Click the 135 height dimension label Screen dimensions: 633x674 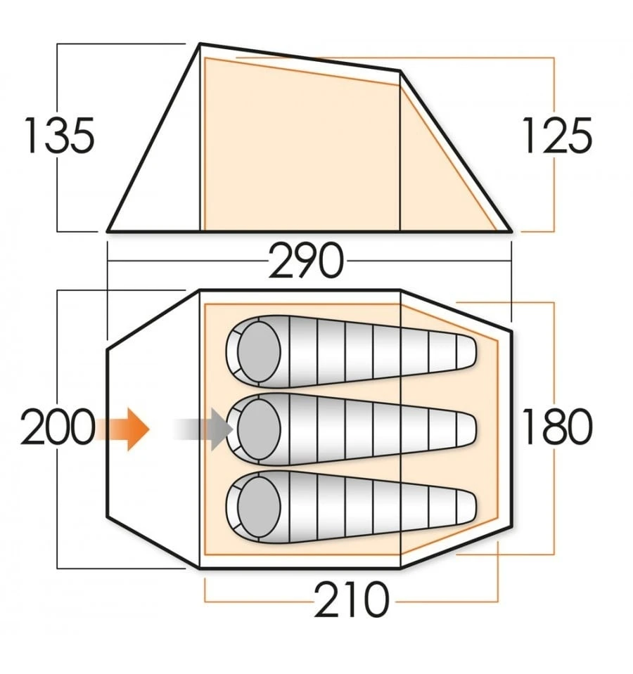click(x=59, y=136)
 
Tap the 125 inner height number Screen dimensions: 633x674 click(x=557, y=136)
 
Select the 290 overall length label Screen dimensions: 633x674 click(x=306, y=260)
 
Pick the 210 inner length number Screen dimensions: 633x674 click(x=352, y=600)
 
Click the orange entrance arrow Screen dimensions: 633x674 click(x=122, y=429)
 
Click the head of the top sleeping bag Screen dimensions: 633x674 click(x=258, y=351)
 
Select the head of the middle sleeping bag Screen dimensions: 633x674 click(x=258, y=429)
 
